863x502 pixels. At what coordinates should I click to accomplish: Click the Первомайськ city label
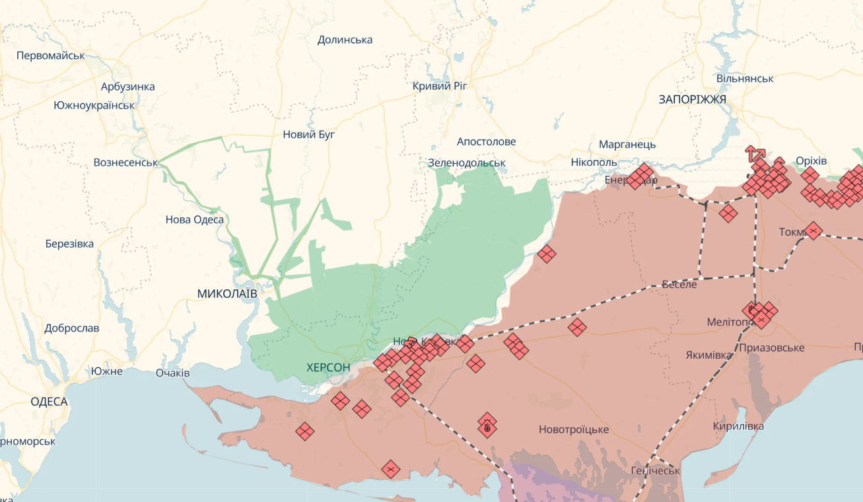pyautogui.click(x=51, y=55)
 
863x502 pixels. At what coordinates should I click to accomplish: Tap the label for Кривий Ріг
pyautogui.click(x=440, y=86)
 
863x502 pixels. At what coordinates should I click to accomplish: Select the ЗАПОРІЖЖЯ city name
pyautogui.click(x=692, y=99)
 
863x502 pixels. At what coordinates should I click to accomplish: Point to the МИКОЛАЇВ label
pyautogui.click(x=227, y=293)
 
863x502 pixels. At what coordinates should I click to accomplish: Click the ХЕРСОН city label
pyautogui.click(x=328, y=367)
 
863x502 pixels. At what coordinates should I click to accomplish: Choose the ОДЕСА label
pyautogui.click(x=49, y=402)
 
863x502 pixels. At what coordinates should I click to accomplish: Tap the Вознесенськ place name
pyautogui.click(x=125, y=162)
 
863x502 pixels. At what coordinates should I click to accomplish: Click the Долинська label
pyautogui.click(x=345, y=40)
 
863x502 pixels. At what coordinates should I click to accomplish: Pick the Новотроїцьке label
pyautogui.click(x=573, y=429)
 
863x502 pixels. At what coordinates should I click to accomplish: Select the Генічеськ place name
pyautogui.click(x=655, y=470)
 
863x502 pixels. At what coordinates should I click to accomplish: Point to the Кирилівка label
pyautogui.click(x=738, y=426)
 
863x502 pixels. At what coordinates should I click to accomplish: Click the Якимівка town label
pyautogui.click(x=708, y=355)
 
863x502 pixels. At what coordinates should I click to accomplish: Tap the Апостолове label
pyautogui.click(x=486, y=141)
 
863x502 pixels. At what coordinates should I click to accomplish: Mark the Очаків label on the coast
pyautogui.click(x=172, y=373)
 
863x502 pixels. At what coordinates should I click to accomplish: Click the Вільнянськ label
pyautogui.click(x=745, y=79)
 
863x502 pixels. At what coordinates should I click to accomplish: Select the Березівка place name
pyautogui.click(x=69, y=244)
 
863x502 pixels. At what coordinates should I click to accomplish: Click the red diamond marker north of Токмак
pyautogui.click(x=728, y=213)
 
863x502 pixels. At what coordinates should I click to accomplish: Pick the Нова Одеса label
pyautogui.click(x=194, y=220)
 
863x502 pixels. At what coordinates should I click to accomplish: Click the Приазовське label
pyautogui.click(x=771, y=347)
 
